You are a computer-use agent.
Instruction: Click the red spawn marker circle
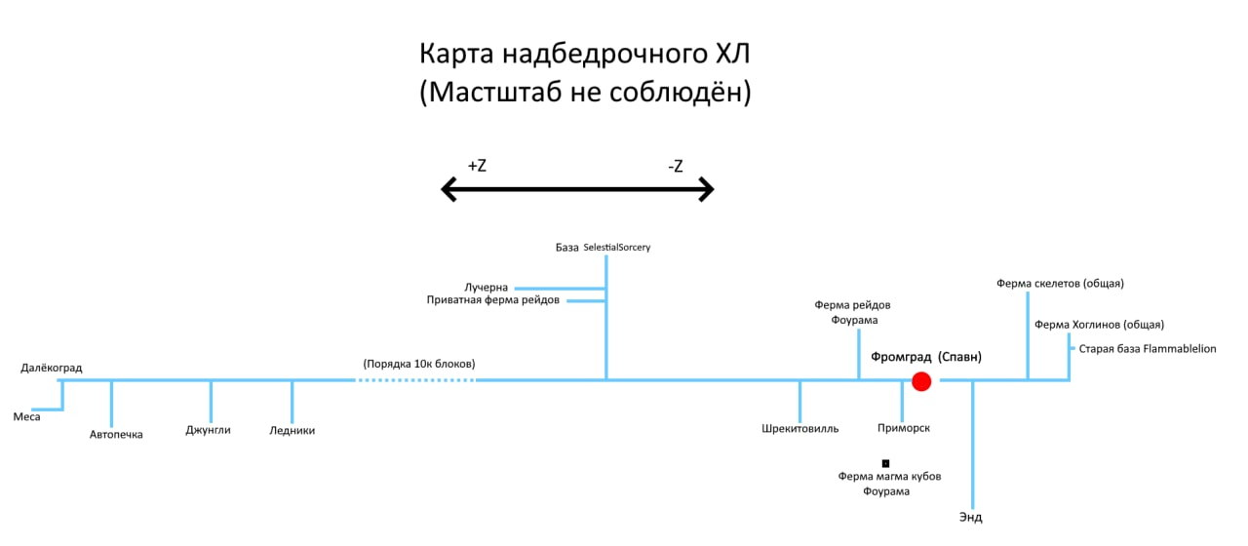921,381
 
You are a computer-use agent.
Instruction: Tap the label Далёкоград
52,369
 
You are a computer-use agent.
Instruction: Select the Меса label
26,416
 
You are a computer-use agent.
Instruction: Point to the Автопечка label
116,435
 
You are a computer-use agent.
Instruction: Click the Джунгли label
209,430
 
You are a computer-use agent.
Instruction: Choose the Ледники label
292,431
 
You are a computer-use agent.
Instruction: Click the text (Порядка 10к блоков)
419,364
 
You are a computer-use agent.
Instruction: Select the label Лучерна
487,288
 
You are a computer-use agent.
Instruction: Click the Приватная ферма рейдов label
493,300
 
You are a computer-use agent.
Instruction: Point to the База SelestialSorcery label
603,248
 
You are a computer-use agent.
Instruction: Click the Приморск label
904,428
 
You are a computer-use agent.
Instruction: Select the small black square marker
886,463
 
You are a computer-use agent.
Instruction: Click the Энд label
971,518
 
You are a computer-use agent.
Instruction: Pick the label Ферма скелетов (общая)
1061,284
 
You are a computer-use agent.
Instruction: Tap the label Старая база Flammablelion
1148,349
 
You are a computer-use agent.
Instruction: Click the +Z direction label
477,166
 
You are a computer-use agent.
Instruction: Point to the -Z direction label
675,167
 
